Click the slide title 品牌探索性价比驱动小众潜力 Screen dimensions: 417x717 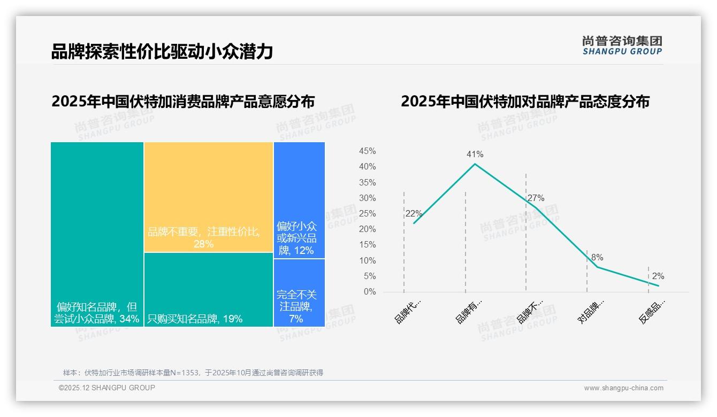point(162,52)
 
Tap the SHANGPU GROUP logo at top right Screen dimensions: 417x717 point(622,45)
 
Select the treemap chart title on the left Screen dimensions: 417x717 point(183,102)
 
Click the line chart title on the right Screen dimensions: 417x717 point(525,102)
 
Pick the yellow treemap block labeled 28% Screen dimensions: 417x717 point(209,197)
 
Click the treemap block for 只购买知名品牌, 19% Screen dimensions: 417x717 point(209,289)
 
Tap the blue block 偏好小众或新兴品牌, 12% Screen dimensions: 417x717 point(299,200)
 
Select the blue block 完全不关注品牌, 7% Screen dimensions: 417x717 point(299,292)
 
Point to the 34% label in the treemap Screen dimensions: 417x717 point(129,319)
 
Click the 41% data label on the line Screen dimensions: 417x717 point(475,155)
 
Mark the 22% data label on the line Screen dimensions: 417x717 point(414,214)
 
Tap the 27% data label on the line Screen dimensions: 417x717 point(536,198)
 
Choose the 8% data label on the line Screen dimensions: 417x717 point(597,258)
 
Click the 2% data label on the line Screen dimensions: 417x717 point(658,276)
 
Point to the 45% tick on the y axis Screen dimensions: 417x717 point(367,151)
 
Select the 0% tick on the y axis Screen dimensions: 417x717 point(370,292)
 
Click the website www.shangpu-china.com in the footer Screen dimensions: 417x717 point(623,388)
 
